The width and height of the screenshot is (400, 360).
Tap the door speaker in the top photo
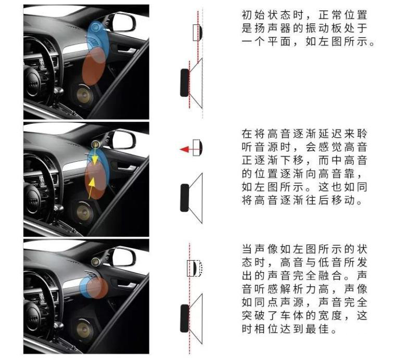(83, 95)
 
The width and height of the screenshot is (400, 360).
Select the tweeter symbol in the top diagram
(197, 32)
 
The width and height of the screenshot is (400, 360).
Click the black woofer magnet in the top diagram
(184, 82)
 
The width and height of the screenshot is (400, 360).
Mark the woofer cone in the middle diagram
(196, 199)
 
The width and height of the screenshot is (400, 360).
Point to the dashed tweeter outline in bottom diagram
(198, 268)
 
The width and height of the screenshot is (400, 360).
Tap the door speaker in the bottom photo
(83, 329)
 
